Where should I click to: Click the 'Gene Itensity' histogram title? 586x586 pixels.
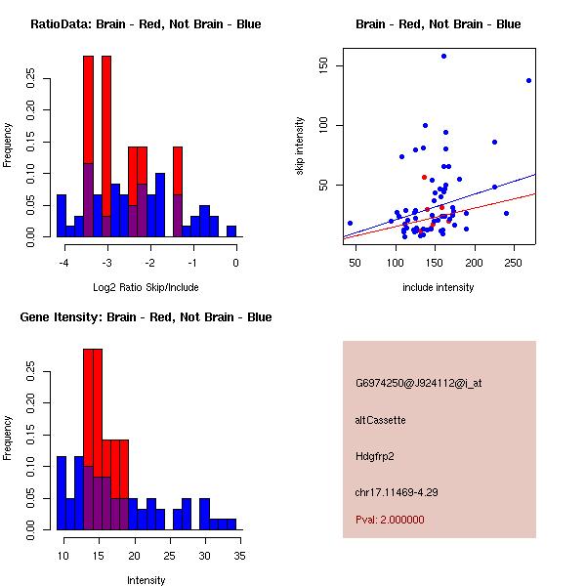point(146,317)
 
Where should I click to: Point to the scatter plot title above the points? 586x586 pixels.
point(438,24)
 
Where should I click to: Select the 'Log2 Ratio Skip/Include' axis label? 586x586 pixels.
point(146,287)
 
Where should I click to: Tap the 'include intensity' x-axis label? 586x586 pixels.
point(438,287)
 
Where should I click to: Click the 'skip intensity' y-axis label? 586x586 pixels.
point(300,146)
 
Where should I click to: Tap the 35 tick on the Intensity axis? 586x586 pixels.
point(240,556)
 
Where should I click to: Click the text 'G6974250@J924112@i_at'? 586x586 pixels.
point(418,383)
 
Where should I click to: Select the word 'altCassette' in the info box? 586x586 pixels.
point(380,420)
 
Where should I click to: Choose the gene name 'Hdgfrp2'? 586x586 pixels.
point(375,456)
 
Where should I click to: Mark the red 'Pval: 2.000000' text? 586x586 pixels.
point(390,520)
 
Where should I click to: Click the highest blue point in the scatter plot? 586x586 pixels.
point(443,57)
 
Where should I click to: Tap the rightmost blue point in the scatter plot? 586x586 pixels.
point(528,80)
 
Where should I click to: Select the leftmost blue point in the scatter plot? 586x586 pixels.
point(350,223)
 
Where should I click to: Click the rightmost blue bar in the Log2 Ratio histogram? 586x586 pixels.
point(231,231)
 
